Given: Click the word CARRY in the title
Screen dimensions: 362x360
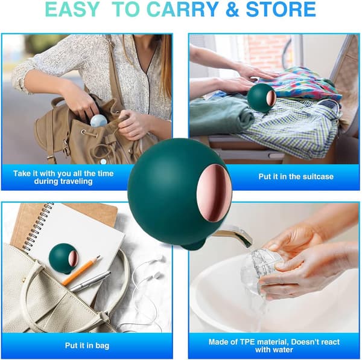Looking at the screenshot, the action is click(x=182, y=10).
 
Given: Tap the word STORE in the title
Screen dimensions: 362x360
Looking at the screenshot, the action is click(x=281, y=10).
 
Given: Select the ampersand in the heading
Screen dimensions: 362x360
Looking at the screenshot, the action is click(x=232, y=10).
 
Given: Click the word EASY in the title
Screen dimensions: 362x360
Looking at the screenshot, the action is click(x=72, y=10).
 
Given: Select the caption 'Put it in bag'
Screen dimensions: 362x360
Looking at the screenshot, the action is click(x=87, y=346).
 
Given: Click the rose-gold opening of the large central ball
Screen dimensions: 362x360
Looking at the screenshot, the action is click(x=214, y=193).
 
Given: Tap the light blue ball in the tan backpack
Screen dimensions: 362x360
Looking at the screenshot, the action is click(x=98, y=120).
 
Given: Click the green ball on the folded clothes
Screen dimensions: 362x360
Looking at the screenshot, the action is click(x=262, y=98).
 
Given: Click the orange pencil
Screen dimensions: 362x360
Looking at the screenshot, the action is click(x=81, y=271).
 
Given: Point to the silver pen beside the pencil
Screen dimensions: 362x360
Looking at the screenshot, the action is click(x=90, y=281).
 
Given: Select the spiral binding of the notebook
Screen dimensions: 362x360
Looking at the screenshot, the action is click(x=37, y=227).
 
